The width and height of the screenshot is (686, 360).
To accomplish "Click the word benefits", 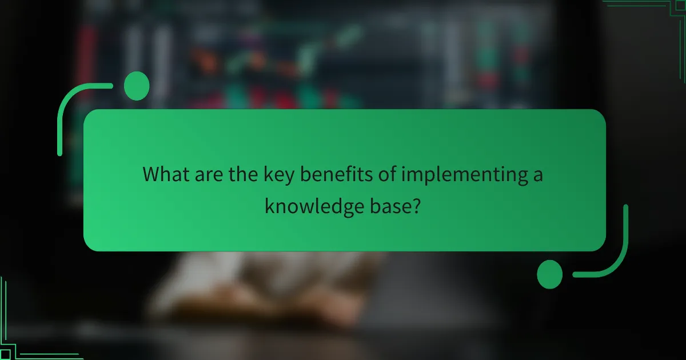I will pos(338,174).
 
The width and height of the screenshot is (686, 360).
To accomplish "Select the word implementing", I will pos(464,174).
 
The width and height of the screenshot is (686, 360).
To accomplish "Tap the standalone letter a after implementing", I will pos(537,175).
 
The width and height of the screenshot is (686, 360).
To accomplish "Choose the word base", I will pos(392,205).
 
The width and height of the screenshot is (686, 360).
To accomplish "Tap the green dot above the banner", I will pos(137,86).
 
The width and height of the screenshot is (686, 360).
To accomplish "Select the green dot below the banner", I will pos(550,274).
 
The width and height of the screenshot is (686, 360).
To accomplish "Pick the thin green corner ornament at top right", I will pos(652,7).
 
